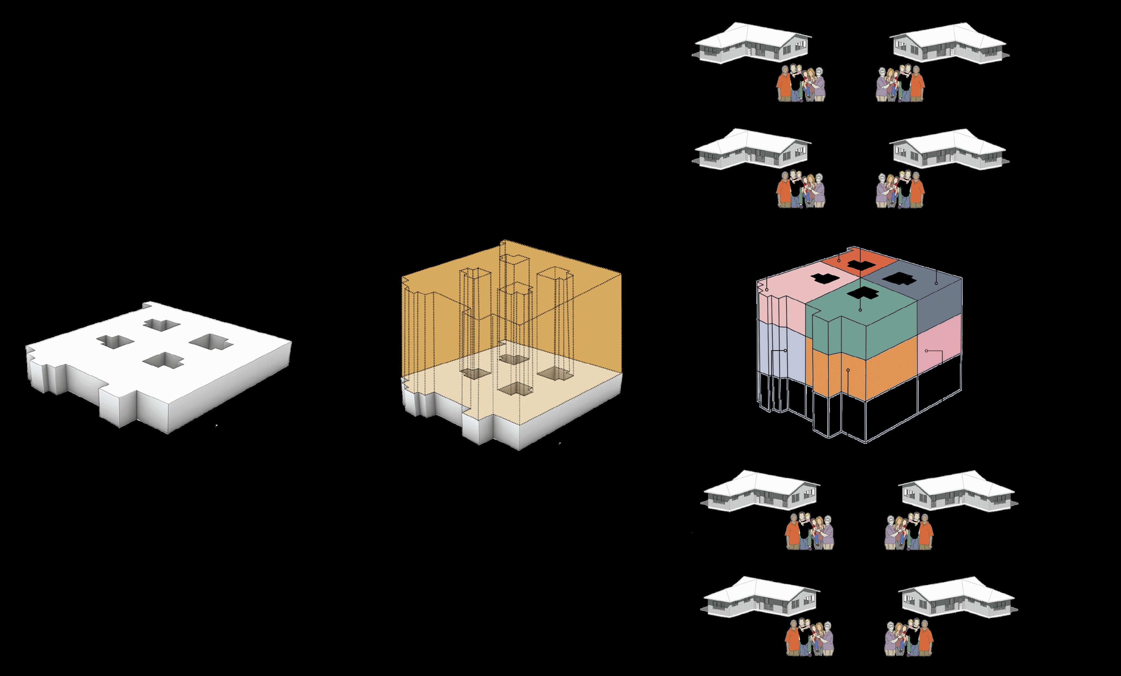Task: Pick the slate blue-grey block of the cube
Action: coord(937,300)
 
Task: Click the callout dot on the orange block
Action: coord(848,370)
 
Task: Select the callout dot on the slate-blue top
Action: coord(936,283)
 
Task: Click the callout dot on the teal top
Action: coord(860,310)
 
